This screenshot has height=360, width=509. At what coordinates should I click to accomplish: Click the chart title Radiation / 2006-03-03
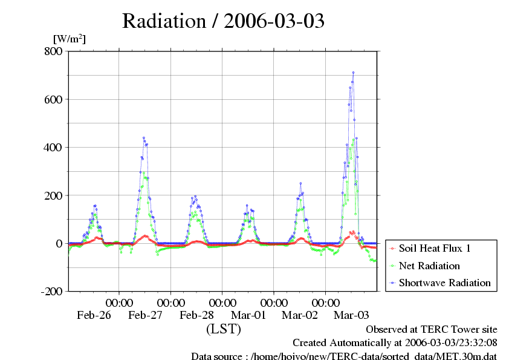223,21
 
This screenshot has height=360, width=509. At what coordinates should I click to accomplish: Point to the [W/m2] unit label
70,39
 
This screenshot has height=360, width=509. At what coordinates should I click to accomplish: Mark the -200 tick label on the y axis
51,292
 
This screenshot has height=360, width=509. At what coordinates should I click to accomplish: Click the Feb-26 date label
94,315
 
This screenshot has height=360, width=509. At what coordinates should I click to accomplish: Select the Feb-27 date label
145,315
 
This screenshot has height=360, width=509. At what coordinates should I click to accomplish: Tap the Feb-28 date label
196,315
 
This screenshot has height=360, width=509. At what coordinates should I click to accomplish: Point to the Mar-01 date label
248,315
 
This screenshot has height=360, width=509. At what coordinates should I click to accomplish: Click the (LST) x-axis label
224,329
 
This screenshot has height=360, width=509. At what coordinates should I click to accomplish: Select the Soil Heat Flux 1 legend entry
435,249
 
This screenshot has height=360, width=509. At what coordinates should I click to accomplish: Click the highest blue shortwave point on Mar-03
353,73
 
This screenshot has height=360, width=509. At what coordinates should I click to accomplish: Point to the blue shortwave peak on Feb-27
144,138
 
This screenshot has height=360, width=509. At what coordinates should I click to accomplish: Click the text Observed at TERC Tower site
432,329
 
